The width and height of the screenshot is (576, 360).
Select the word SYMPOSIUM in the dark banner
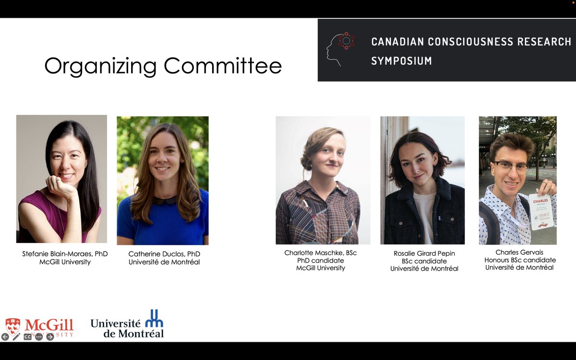point(401,61)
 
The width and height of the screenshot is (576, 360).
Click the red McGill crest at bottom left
point(13,326)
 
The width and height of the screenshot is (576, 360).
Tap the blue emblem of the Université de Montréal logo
point(154,318)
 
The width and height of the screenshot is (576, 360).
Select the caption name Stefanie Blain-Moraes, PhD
point(65,253)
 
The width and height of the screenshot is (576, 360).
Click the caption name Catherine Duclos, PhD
point(164,253)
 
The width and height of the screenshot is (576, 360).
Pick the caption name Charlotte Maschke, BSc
point(320,252)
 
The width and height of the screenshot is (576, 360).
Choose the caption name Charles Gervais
point(519,252)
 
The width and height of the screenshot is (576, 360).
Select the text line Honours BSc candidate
point(519,260)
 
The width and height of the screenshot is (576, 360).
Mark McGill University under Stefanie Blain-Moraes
point(65,262)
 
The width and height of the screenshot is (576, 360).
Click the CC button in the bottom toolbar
point(27,337)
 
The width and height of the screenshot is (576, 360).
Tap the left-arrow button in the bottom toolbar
point(5,337)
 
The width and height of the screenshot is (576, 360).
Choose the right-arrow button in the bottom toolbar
point(50,337)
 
